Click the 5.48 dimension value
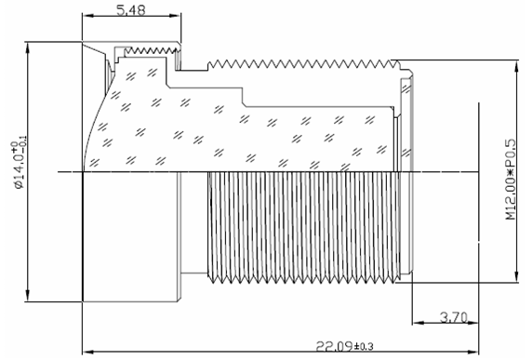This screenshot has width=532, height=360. click(x=130, y=10)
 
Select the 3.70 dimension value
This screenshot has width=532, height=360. click(x=454, y=317)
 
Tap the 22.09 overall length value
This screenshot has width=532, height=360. click(x=334, y=346)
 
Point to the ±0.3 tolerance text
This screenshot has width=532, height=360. click(x=364, y=347)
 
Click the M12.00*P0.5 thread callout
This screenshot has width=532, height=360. click(x=510, y=180)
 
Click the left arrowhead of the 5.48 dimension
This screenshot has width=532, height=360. click(x=87, y=16)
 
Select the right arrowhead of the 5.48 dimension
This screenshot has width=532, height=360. click(x=176, y=16)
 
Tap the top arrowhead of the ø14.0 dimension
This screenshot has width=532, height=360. click(x=28, y=47)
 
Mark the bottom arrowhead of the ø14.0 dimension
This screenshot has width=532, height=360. click(x=28, y=296)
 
